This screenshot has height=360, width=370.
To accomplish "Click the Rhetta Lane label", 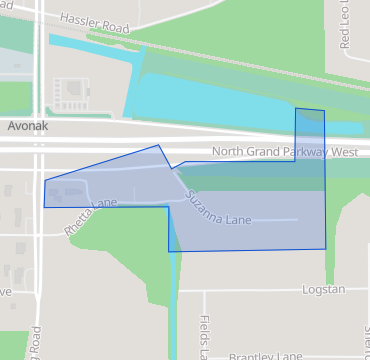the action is pos(90,215).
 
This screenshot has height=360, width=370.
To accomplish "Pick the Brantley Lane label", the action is pos(265,355).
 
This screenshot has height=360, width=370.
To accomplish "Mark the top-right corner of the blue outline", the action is pos(325,110).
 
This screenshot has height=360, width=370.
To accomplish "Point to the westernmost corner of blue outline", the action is pos(44,182).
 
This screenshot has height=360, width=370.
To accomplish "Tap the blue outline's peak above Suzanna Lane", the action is pos(159,145).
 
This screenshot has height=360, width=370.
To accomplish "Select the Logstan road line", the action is pos(260,290).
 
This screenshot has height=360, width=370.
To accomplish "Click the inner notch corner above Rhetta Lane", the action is pos(168,207).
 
